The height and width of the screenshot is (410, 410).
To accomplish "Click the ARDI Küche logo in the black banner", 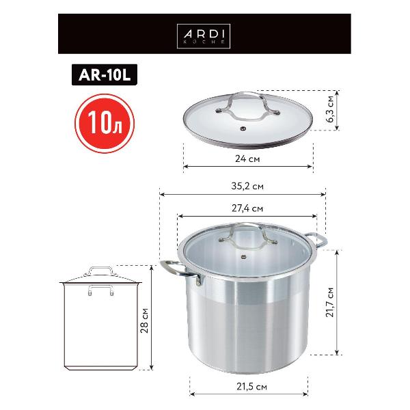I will pyautogui.click(x=204, y=34).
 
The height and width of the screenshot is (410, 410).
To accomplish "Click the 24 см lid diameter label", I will pyautogui.click(x=247, y=158).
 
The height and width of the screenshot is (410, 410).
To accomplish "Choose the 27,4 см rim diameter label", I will pyautogui.click(x=247, y=208).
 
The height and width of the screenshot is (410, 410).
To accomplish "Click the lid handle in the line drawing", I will pyautogui.click(x=100, y=271).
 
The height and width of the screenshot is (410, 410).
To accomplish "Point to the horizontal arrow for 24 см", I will pyautogui.click(x=247, y=166).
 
